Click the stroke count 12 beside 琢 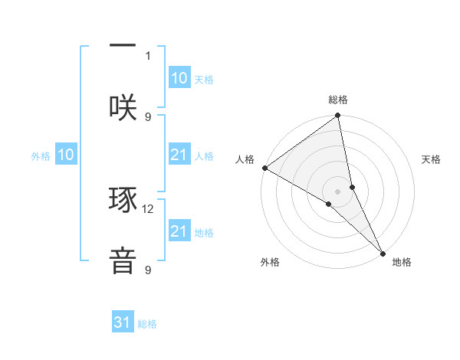click(x=148, y=208)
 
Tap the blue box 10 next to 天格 click(x=179, y=78)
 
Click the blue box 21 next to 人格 click(x=179, y=155)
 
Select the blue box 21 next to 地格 click(x=179, y=231)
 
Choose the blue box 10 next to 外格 click(x=66, y=155)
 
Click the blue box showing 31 click(x=123, y=322)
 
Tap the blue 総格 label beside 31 click(x=147, y=324)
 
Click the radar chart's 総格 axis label click(x=338, y=100)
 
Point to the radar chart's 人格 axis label click(x=245, y=159)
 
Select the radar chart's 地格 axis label click(x=402, y=262)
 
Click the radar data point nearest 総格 click(x=338, y=116)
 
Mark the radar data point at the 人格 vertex click(x=264, y=168)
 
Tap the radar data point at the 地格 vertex click(x=383, y=252)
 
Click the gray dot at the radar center click(x=338, y=191)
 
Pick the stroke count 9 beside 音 click(x=147, y=270)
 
